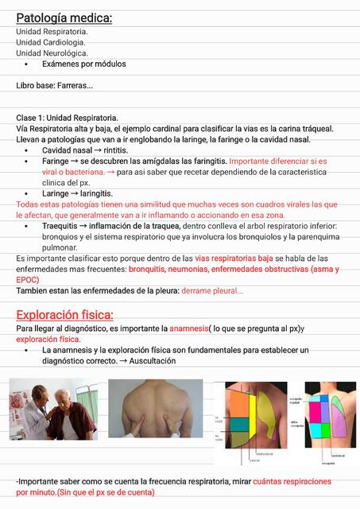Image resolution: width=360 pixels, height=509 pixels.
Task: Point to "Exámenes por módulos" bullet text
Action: tap(83, 64)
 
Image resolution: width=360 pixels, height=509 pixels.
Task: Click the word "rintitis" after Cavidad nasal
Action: tap(116, 150)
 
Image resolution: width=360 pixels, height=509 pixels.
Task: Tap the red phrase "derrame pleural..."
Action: tap(213, 291)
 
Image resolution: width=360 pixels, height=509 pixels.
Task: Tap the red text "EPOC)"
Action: tap(28, 280)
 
